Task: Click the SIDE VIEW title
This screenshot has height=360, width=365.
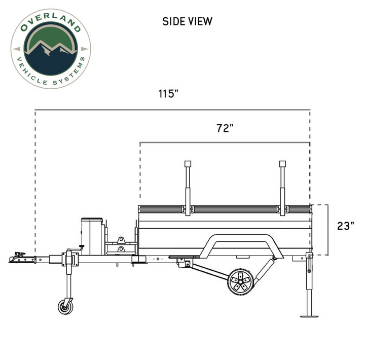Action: coord(188,21)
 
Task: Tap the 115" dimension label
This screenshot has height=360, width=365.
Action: coord(168,94)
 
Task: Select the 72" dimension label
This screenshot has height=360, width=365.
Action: coord(225,128)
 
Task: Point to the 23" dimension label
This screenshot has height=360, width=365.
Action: coord(346,226)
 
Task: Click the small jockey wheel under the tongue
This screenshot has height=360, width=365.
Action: coord(65,307)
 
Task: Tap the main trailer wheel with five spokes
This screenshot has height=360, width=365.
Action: coord(241,282)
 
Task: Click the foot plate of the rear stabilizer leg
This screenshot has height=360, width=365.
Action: coord(309,316)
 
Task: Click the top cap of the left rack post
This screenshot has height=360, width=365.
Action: coord(188,164)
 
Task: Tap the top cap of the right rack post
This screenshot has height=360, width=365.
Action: coord(282,164)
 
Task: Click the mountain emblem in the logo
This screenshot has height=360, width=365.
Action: coord(51,49)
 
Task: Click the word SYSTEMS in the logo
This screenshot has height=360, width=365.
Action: coord(70,73)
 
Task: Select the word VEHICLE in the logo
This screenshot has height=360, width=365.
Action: coord(31,71)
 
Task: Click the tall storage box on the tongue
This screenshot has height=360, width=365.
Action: coord(92,236)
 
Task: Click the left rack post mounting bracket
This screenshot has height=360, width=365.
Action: coord(188,209)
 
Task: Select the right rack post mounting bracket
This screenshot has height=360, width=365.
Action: coord(282,209)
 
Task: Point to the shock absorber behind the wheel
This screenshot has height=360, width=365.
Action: coord(265,271)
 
